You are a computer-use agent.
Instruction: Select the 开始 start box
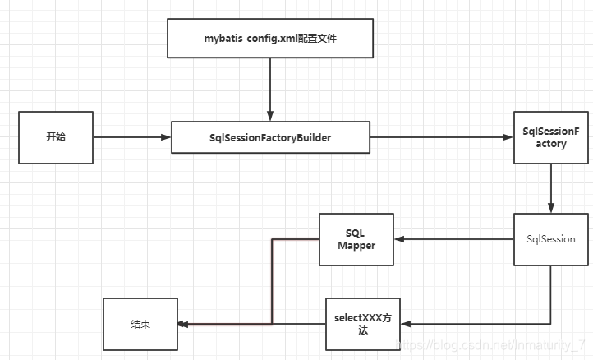(55, 136)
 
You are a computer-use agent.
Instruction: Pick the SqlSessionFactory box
(549, 137)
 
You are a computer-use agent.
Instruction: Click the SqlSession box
(550, 239)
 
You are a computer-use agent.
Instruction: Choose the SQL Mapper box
(356, 239)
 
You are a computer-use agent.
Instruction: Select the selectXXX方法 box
(362, 323)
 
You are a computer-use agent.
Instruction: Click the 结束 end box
(140, 324)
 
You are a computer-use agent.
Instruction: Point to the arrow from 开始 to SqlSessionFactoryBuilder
(131, 137)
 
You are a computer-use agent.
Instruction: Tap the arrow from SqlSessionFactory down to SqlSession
(550, 189)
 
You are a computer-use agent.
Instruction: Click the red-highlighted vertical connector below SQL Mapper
(271, 279)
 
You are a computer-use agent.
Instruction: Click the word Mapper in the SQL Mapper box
(356, 246)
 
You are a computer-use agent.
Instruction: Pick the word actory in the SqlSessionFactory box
(549, 144)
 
